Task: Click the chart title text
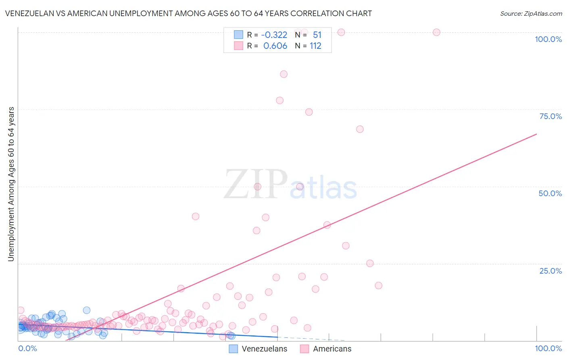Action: point(188,13)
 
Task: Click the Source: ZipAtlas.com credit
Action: point(531,13)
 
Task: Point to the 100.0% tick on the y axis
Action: point(548,39)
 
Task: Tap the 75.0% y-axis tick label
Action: point(550,116)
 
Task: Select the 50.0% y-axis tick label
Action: point(550,193)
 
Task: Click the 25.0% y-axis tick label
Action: point(550,271)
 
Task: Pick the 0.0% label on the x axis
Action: point(27,348)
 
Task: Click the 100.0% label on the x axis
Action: point(548,348)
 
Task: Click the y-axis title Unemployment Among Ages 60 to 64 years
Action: point(11,184)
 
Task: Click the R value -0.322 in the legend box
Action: point(274,35)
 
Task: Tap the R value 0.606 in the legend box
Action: point(275,46)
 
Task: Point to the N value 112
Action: point(315,46)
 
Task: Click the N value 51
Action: point(317,35)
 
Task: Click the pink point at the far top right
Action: point(436,32)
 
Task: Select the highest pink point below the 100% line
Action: point(283,74)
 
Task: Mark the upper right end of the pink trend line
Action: point(536,134)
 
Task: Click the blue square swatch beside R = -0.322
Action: point(239,35)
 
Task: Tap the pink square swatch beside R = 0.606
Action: point(239,46)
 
